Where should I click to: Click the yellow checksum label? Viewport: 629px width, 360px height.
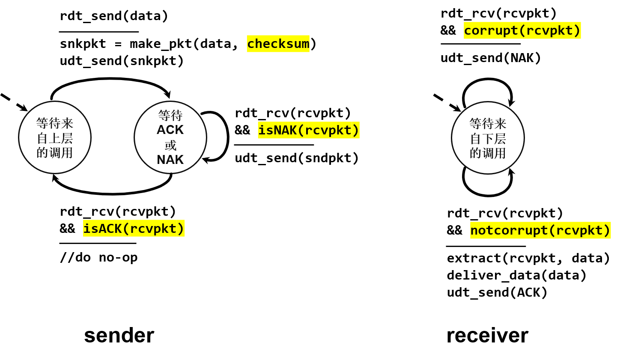point(278,44)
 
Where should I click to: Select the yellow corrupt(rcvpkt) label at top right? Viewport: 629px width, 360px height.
point(522,30)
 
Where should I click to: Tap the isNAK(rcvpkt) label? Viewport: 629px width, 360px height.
point(308,130)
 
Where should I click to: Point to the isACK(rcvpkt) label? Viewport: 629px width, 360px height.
point(134,228)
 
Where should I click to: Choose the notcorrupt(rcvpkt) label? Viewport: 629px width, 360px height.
point(540,230)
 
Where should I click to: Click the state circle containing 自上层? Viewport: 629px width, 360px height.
point(55,137)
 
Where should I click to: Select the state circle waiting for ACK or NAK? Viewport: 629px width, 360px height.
point(170,137)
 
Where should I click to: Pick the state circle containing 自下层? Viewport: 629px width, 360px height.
point(488,138)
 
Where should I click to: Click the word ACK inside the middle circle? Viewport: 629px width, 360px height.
point(170,130)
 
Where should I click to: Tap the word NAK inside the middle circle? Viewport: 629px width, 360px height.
point(170,160)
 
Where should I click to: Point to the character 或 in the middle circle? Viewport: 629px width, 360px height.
point(170,145)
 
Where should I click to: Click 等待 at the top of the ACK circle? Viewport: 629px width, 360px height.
point(170,115)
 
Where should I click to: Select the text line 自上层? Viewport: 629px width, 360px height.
point(55,138)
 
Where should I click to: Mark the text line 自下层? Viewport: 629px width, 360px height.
point(488,139)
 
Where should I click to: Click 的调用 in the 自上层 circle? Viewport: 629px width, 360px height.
point(55,152)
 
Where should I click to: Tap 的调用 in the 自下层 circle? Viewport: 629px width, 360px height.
point(488,153)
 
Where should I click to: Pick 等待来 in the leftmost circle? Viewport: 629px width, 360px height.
point(55,123)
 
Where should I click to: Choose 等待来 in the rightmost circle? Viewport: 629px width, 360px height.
point(488,124)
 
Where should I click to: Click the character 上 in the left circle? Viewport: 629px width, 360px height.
point(55,138)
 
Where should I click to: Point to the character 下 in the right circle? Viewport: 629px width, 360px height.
point(488,139)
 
